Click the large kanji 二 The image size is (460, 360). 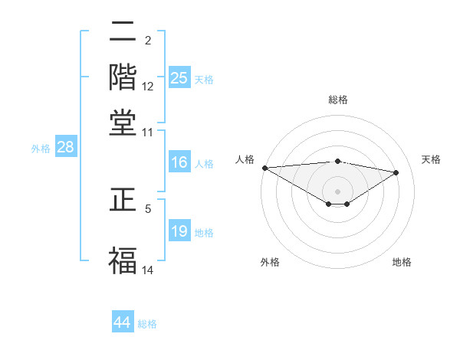click(123, 33)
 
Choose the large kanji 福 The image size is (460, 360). click(123, 258)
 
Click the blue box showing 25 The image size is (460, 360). click(179, 78)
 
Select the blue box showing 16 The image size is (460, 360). click(179, 162)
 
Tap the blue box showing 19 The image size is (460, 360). click(179, 231)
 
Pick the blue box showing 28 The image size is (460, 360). click(65, 148)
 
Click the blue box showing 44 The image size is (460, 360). click(123, 323)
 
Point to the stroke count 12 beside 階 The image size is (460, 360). click(148, 87)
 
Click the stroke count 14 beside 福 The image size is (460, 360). click(148, 270)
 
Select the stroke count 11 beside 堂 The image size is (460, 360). click(148, 132)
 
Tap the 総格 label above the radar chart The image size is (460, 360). click(338, 100)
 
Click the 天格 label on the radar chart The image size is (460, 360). click(432, 159)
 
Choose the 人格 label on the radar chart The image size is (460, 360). click(245, 159)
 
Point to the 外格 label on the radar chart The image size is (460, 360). click(270, 262)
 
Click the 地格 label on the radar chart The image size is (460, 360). click(402, 262)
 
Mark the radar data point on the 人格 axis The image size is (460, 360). click(264, 168)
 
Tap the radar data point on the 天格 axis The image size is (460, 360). click(396, 172)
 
